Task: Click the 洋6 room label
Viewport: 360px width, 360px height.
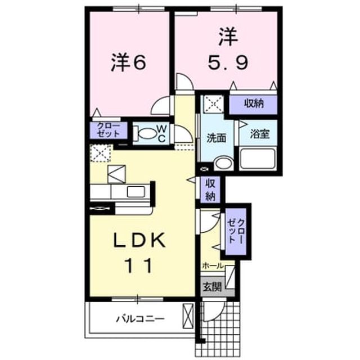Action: [129, 62]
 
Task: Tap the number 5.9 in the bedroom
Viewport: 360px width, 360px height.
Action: [228, 62]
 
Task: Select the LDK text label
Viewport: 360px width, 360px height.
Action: [140, 240]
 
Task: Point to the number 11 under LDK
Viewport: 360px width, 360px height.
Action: [139, 265]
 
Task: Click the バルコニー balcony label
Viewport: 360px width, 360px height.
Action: [141, 319]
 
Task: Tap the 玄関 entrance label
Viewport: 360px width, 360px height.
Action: [213, 286]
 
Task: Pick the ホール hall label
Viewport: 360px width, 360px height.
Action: [213, 266]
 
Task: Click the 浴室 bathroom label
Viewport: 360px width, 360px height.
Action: [260, 134]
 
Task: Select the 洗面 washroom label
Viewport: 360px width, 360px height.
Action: [216, 138]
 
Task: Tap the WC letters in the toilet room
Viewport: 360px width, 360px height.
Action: [162, 134]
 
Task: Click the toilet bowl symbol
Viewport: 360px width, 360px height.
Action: [145, 134]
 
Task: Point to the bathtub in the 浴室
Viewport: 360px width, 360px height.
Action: [258, 159]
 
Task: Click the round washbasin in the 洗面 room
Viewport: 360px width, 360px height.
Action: [224, 164]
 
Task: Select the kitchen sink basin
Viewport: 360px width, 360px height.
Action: [136, 192]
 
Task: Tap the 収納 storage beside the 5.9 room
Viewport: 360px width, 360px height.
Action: [254, 104]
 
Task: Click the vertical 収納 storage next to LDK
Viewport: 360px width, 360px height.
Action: [210, 190]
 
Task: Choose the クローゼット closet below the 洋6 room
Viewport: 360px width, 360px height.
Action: [109, 130]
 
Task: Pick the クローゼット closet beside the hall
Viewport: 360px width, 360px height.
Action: [236, 231]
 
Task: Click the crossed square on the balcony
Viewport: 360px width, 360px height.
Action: [188, 316]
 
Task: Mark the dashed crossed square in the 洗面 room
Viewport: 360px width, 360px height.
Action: [214, 104]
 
